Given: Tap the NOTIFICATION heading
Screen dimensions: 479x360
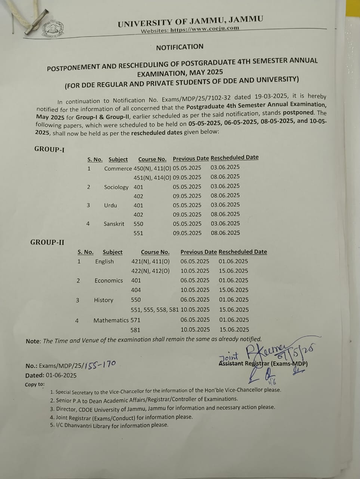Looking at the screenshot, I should pos(180,47).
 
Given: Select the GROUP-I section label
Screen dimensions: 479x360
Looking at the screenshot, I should pos(49,149).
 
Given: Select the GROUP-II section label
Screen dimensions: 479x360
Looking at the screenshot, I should pos(47,242).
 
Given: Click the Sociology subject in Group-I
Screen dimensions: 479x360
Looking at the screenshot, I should pos(116,187).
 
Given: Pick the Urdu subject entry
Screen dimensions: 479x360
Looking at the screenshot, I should pos(110,205).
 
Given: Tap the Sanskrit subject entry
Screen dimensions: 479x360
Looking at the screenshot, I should pos(114,224).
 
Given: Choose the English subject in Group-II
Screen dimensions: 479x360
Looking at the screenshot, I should pos(104,261).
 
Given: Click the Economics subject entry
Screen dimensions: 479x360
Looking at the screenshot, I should pos(108,280).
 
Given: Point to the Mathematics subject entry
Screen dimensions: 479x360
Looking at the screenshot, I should pos(111,320).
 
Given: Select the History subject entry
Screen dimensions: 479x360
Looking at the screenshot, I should pos(104,300).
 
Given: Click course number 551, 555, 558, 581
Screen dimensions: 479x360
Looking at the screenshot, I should pos(155,309).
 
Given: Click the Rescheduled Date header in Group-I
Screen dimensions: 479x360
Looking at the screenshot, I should pos(234,158).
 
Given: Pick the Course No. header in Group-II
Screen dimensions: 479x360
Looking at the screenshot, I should pos(155,252).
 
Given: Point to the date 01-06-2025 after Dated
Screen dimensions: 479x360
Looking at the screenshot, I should pos(61,375).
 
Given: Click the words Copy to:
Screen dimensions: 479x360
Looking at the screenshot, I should pos(35,384).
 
